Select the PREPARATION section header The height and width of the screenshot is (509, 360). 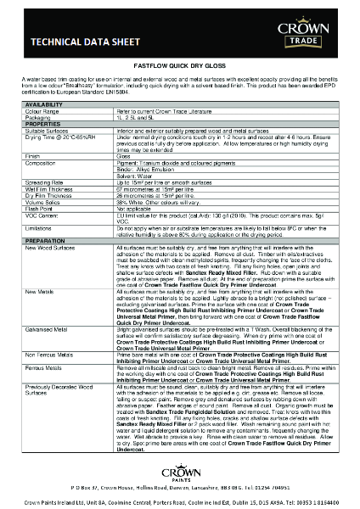(x=45, y=240)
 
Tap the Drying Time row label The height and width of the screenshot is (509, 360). (x=42, y=135)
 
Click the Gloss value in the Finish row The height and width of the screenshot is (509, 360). (x=124, y=156)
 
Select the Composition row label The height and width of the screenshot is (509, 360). (x=42, y=162)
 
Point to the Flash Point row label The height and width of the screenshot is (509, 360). (x=40, y=210)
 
